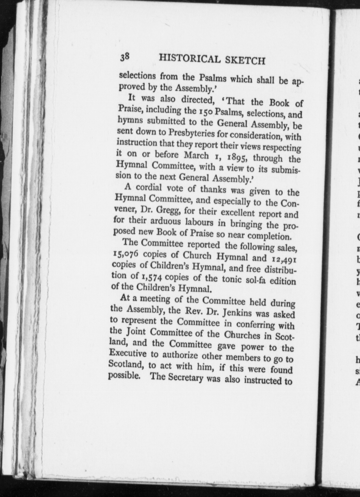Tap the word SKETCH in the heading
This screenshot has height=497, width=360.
(245, 61)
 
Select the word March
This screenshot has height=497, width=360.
(196, 155)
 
